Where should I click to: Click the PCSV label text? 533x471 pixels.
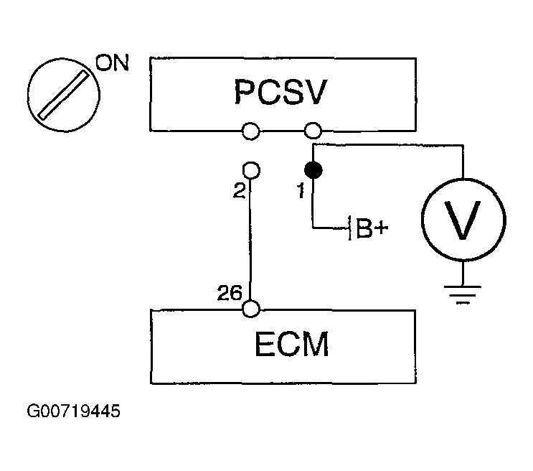(280, 92)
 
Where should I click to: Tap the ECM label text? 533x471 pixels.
(292, 344)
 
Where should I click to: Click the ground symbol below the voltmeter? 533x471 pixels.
(463, 294)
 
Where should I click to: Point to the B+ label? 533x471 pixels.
(372, 228)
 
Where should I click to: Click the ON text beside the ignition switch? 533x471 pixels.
(112, 62)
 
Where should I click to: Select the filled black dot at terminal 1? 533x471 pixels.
(313, 170)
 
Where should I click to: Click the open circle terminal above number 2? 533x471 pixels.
(251, 170)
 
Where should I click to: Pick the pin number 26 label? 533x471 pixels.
(230, 293)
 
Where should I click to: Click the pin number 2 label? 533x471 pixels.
(240, 190)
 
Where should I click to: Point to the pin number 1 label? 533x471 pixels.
(301, 190)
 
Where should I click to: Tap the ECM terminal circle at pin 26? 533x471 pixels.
(251, 309)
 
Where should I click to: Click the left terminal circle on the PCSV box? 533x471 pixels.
(251, 131)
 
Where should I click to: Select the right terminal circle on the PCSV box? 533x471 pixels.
(313, 131)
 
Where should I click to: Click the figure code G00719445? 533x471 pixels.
(73, 411)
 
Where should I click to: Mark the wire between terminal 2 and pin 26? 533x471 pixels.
(250, 240)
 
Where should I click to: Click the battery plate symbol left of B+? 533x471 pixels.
(350, 228)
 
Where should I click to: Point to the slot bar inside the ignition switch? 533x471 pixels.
(64, 95)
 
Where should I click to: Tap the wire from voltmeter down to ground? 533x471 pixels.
(463, 274)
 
